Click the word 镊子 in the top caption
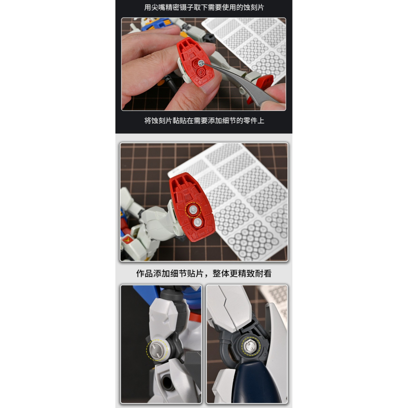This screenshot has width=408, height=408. click(x=208, y=8)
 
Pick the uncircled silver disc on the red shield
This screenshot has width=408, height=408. click(x=198, y=222)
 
